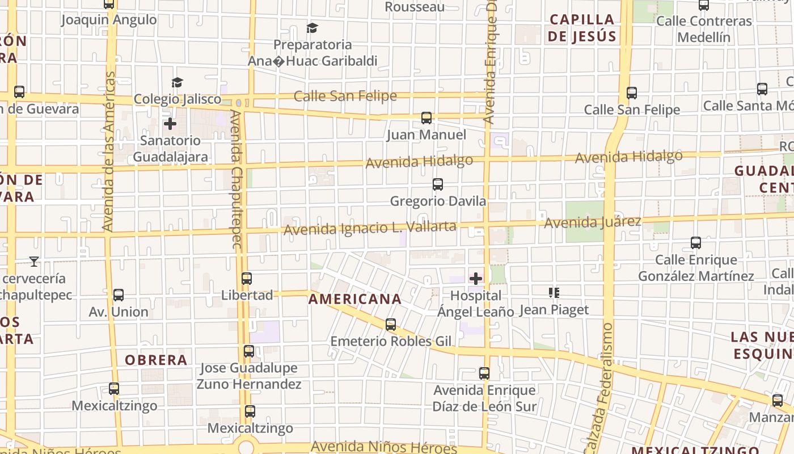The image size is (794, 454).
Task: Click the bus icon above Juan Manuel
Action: click(426, 118)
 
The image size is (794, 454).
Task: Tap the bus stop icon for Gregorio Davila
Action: click(437, 184)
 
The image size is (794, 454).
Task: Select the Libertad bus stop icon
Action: click(247, 279)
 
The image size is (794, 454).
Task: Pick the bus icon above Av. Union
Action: click(118, 295)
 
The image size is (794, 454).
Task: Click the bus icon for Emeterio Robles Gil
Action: click(391, 325)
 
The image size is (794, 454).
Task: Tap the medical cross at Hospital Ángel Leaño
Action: click(476, 279)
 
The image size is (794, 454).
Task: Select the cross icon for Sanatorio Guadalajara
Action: click(170, 124)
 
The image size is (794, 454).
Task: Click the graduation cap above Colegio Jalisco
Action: click(177, 83)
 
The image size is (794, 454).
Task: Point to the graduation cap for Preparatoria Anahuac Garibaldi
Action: click(312, 28)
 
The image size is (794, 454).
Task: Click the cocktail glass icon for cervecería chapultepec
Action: click(34, 262)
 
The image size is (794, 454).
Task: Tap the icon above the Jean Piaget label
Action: click(554, 293)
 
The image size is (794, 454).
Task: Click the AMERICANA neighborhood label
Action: click(355, 299)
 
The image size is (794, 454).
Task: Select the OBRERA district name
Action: click(156, 360)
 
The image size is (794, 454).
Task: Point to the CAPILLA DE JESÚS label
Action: click(582, 28)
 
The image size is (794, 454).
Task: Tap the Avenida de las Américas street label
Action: click(108, 152)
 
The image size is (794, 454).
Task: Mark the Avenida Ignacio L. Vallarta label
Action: click(370, 228)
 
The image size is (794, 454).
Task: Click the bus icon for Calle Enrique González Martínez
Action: click(696, 243)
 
